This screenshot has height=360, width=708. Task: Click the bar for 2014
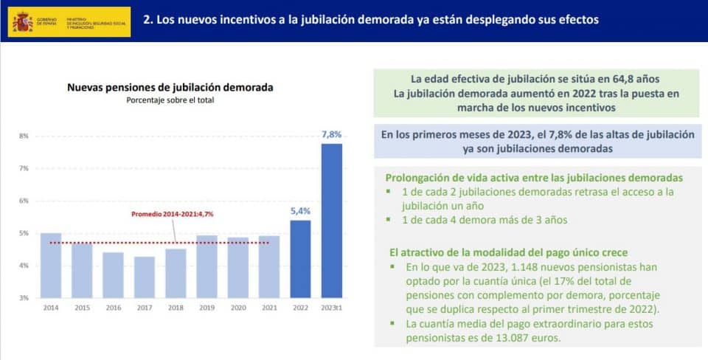click(51, 265)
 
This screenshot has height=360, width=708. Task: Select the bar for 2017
click(145, 277)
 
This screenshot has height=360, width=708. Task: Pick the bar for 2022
click(300, 258)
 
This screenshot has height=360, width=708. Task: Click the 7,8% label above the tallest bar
click(331, 134)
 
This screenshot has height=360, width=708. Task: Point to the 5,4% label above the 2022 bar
click(300, 211)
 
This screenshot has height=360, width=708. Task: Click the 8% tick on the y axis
click(24, 136)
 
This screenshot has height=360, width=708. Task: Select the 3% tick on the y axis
click(24, 298)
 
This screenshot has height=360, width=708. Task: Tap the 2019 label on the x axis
click(206, 308)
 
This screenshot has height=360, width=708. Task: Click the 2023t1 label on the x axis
click(331, 308)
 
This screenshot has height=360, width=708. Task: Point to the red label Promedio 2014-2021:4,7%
click(176, 214)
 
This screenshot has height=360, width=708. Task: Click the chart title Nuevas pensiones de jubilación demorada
click(170, 87)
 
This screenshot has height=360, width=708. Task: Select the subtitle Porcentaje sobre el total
click(170, 100)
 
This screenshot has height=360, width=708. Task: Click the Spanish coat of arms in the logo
click(21, 22)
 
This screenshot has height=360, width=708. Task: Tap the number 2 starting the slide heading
click(146, 20)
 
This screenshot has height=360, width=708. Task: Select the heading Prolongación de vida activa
click(533, 178)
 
